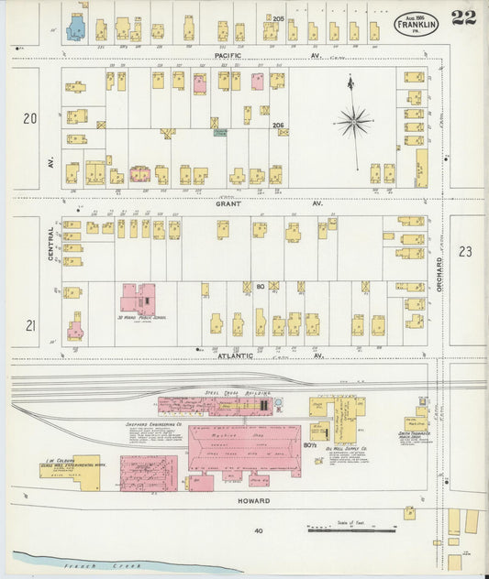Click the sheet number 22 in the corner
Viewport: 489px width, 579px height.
463,16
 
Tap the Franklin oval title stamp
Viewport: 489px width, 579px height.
417,24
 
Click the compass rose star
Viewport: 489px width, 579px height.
353,120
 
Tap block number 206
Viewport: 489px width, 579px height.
278,125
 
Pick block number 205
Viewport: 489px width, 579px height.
278,18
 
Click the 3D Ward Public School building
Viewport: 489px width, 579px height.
137,300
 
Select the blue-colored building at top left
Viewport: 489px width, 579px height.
75,28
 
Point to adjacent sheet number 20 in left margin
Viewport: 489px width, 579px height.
30,117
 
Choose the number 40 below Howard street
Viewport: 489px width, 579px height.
259,530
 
